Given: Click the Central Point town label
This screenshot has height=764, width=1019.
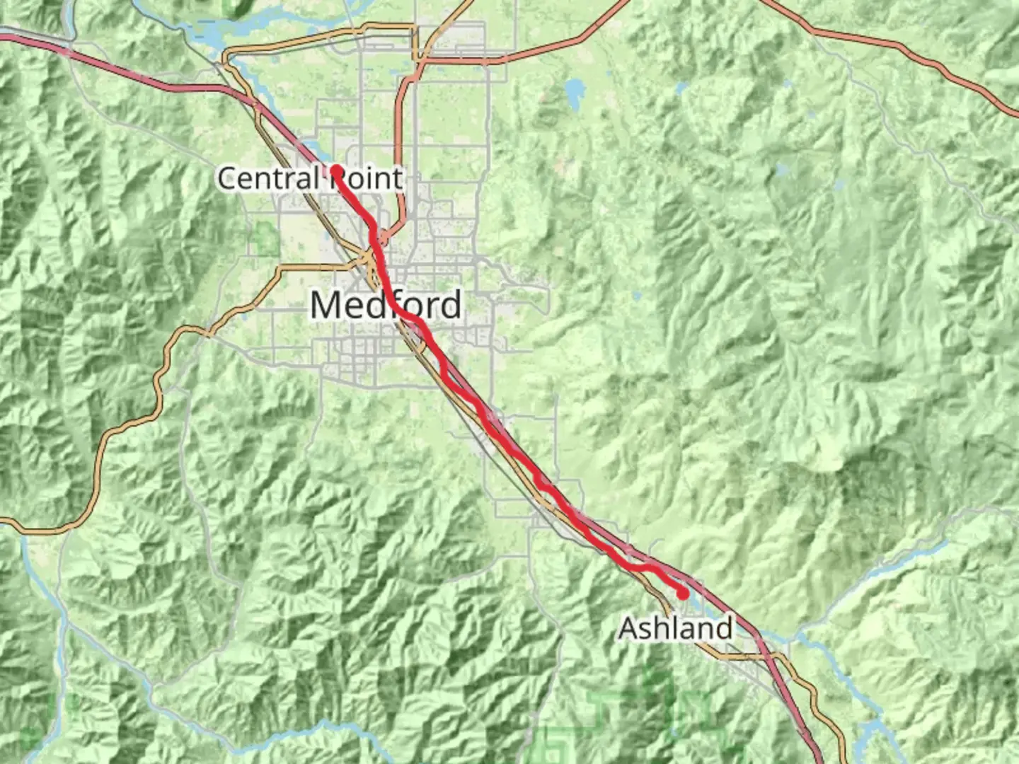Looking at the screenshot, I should (310, 178).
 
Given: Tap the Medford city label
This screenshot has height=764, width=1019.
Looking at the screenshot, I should (386, 306).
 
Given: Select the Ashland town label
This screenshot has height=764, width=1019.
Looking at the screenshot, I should (676, 628).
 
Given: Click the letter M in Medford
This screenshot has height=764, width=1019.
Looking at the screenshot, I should (327, 306).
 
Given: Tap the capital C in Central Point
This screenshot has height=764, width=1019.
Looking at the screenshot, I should (226, 178).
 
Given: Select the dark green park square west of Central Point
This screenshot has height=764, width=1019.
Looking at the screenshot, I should (267, 239).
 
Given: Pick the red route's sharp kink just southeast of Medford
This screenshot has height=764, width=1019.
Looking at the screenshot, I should (444, 375).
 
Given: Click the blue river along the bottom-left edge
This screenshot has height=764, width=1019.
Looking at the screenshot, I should (64, 623).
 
